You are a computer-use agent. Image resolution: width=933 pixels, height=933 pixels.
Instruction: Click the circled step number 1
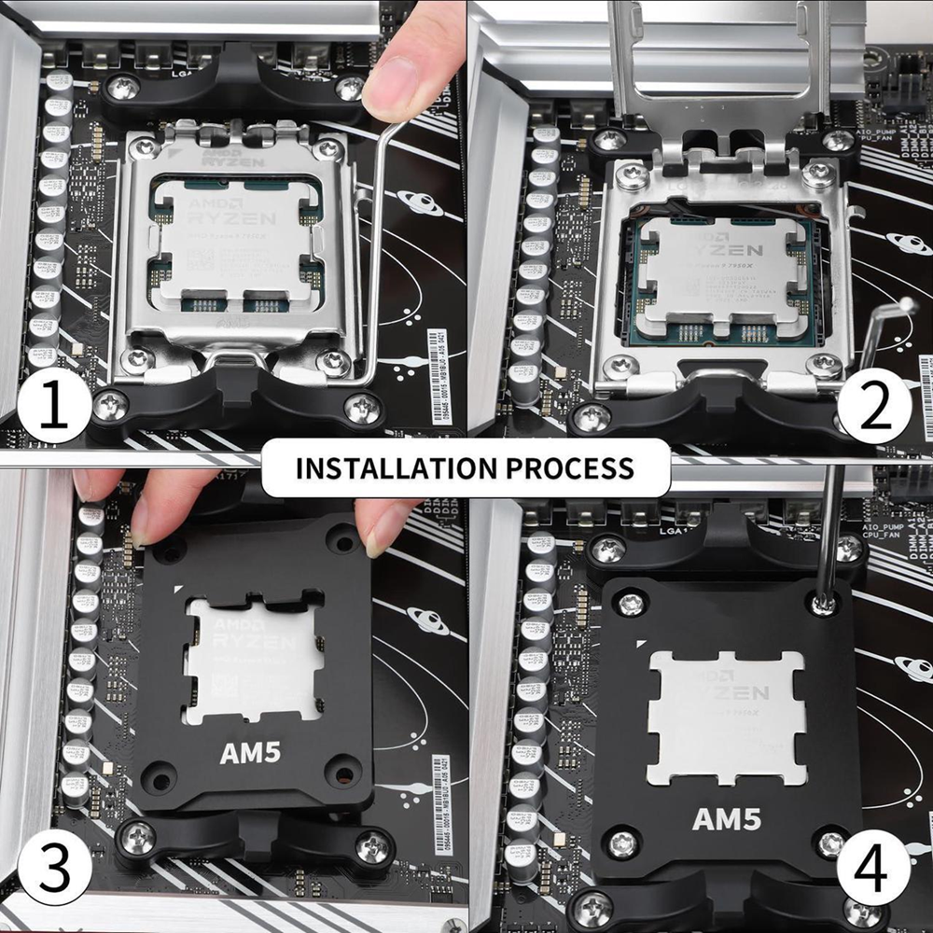(x=52, y=409)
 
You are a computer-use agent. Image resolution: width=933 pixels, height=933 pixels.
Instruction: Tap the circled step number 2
(x=874, y=409)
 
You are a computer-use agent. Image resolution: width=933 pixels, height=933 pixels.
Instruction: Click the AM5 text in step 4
(x=726, y=819)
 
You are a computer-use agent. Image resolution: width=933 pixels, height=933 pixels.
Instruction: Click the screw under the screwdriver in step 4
(x=822, y=605)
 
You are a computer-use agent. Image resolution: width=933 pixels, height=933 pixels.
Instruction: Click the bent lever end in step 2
(x=900, y=308)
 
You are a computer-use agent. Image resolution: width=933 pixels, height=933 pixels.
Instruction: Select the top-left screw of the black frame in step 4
(x=632, y=603)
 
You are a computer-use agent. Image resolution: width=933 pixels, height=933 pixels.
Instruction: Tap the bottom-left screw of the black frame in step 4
(x=622, y=844)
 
